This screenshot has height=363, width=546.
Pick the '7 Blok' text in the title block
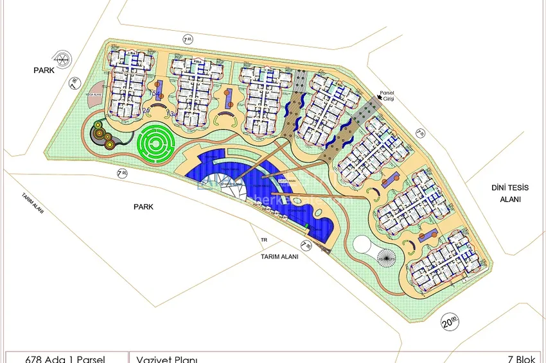(x=521, y=358)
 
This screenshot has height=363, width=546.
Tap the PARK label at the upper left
(x=44, y=71)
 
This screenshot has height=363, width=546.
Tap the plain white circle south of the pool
(x=364, y=245)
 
